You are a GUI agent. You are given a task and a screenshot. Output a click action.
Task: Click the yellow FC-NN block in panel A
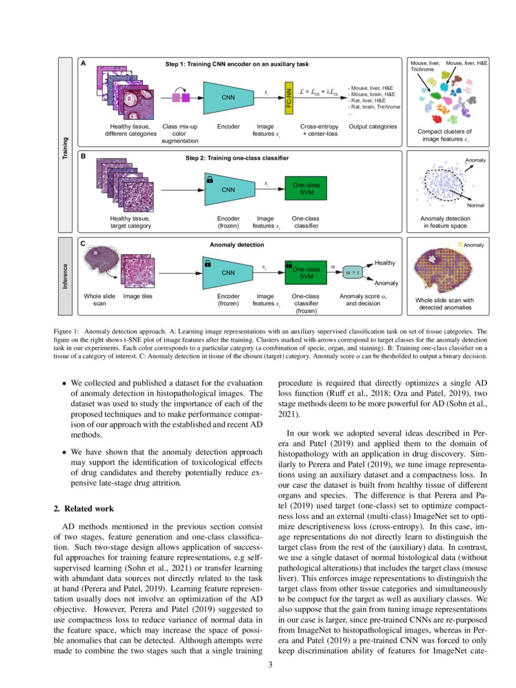point(288,97)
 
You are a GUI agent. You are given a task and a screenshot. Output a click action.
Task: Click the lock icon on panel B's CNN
point(208,180)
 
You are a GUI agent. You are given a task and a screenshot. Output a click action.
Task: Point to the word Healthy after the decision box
point(384,262)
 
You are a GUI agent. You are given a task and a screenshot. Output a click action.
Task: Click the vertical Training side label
point(66,147)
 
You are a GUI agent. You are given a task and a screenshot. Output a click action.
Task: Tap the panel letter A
point(82,64)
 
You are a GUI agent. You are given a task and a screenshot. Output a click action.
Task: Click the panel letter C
point(82,244)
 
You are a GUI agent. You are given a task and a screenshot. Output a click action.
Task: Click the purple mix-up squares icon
point(180,97)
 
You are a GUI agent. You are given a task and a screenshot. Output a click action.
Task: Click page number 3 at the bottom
point(270,664)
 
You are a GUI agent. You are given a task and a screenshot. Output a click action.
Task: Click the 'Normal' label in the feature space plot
point(475,205)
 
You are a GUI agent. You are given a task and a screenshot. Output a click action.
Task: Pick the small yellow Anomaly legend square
point(460,245)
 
